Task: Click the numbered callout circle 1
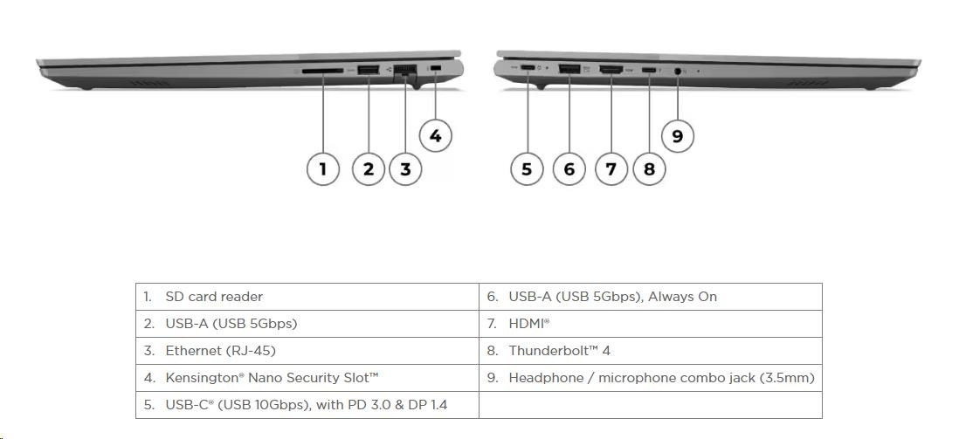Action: pos(323,168)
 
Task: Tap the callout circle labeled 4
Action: pos(435,135)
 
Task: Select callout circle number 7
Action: pos(611,168)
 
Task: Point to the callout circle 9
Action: pos(678,135)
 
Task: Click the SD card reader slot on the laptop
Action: pos(323,70)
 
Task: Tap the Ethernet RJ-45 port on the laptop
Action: pos(405,71)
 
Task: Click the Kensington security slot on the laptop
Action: pos(435,69)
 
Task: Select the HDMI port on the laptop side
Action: pos(610,69)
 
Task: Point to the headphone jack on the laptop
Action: pos(678,70)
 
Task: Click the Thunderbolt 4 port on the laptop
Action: pos(649,69)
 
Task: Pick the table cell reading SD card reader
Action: pos(307,297)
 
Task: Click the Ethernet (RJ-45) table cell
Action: pos(307,351)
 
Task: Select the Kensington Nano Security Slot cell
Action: pos(307,378)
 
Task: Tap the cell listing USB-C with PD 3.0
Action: pos(307,405)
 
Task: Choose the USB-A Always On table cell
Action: pos(651,297)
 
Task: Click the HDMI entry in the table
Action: pos(651,324)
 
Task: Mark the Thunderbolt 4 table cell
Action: pos(651,351)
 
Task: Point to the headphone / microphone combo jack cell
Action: pos(651,378)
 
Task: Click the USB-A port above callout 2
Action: pos(368,70)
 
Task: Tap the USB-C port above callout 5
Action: pos(528,69)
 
